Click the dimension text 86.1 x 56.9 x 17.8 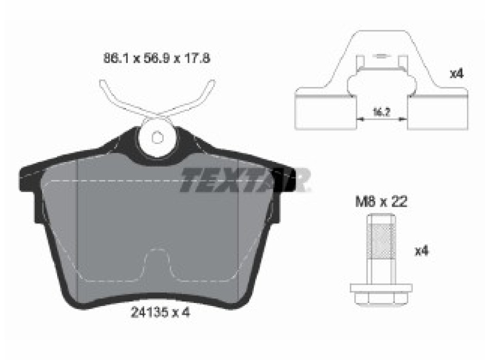pyautogui.click(x=157, y=58)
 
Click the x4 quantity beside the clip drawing pyautogui.click(x=457, y=74)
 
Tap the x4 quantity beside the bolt pyautogui.click(x=422, y=251)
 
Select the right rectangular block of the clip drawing pyautogui.click(x=438, y=113)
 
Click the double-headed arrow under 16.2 pyautogui.click(x=381, y=119)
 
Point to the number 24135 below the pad pyautogui.click(x=147, y=312)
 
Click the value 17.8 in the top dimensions pyautogui.click(x=198, y=58)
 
